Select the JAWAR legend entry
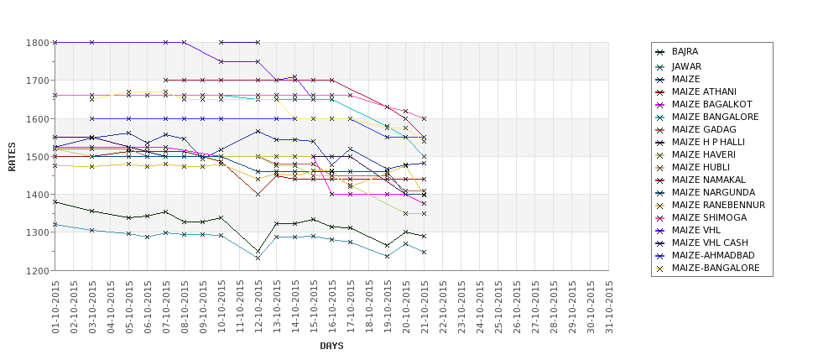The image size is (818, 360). click(686, 66)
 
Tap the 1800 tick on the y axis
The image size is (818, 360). click(39, 43)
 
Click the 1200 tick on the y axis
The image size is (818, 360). click(39, 270)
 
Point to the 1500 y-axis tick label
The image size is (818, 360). click(39, 157)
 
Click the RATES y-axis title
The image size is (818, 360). click(12, 157)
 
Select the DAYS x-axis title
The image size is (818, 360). click(331, 346)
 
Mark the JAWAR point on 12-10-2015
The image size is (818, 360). click(258, 258)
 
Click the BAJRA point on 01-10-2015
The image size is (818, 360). click(55, 201)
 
